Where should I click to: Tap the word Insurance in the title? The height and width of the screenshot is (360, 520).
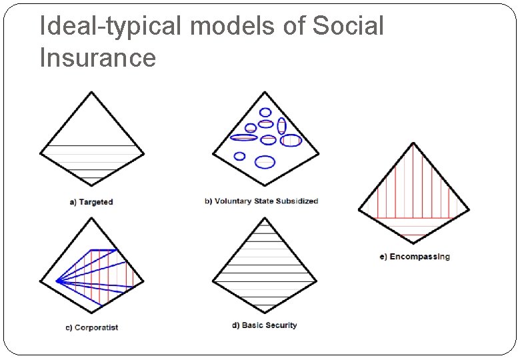[x=97, y=58]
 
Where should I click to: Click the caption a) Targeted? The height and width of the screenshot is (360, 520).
[x=92, y=202]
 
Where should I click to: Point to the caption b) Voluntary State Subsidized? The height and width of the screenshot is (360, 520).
[x=261, y=201]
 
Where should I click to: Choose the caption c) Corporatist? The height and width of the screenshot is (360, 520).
[x=93, y=327]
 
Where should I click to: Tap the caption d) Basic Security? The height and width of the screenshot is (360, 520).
[x=264, y=325]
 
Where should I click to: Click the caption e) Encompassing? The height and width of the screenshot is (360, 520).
[x=415, y=257]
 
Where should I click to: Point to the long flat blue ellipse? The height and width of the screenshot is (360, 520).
[x=243, y=137]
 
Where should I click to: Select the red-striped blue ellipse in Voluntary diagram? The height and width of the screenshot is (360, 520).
[x=291, y=140]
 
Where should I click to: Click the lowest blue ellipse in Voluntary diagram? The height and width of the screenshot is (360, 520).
[x=265, y=161]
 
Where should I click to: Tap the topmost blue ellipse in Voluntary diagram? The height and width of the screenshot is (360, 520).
[x=265, y=112]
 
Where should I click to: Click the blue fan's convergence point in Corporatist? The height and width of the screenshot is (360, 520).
[x=57, y=281]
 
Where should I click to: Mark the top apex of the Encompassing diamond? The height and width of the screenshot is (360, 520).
[x=414, y=143]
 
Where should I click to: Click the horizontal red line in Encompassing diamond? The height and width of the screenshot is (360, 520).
[x=414, y=218]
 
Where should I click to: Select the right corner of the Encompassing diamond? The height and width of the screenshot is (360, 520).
[x=469, y=211]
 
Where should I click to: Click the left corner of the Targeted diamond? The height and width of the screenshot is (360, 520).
[x=40, y=153]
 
